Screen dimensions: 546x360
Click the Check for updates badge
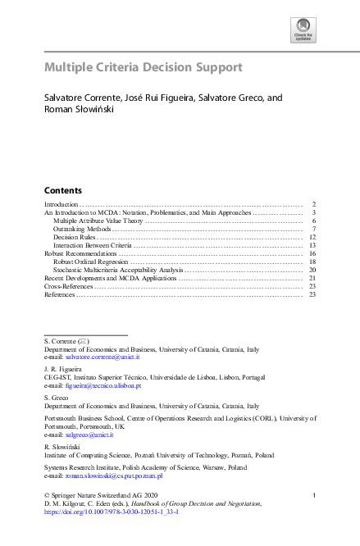pyautogui.click(x=303, y=30)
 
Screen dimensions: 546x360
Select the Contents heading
pyautogui.click(x=62, y=189)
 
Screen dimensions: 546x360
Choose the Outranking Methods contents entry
pyautogui.click(x=78, y=229)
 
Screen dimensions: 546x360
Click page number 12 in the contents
pyautogui.click(x=312, y=237)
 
